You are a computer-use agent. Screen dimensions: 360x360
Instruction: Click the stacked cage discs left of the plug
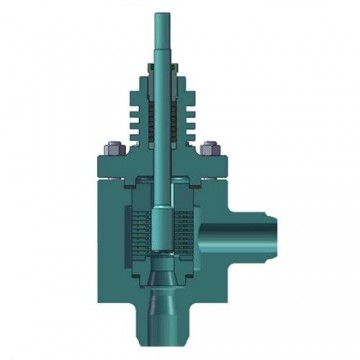138,235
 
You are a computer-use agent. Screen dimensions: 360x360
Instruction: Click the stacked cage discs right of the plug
185,235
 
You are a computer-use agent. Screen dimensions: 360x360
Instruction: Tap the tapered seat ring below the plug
162,273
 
